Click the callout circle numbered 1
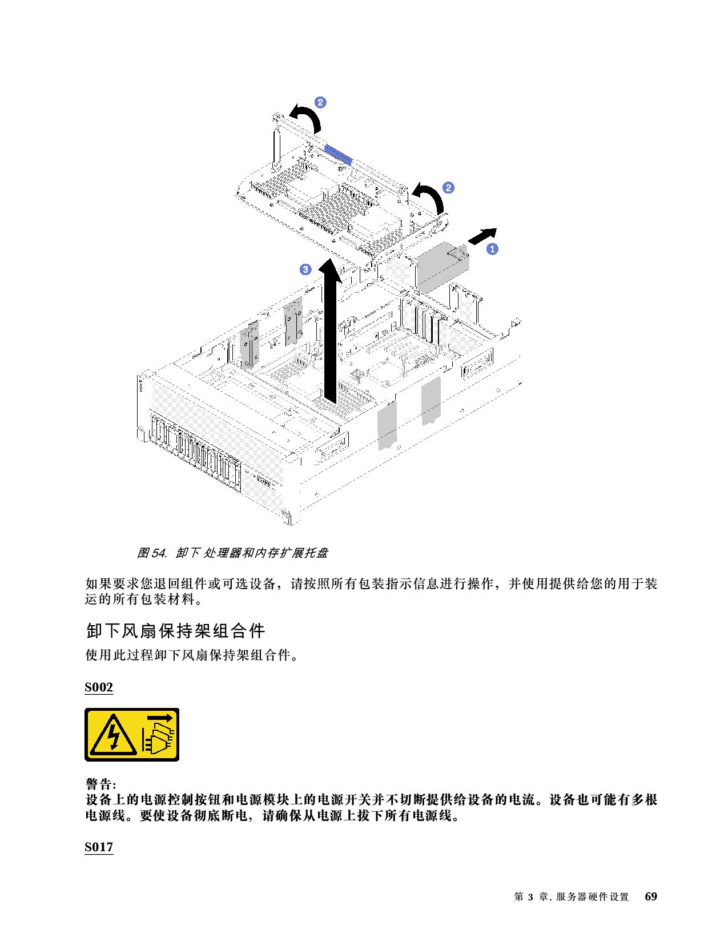point(492,249)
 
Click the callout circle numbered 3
point(305,269)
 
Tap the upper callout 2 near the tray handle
point(320,102)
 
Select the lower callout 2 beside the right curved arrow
point(448,188)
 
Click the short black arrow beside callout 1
point(482,236)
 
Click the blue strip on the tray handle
point(338,155)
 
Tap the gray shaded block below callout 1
point(443,267)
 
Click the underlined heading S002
point(99,687)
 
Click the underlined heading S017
point(99,847)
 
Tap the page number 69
point(651,896)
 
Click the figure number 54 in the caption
point(159,553)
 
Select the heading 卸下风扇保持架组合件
point(176,631)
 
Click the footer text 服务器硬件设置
point(592,897)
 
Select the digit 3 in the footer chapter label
point(530,897)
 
